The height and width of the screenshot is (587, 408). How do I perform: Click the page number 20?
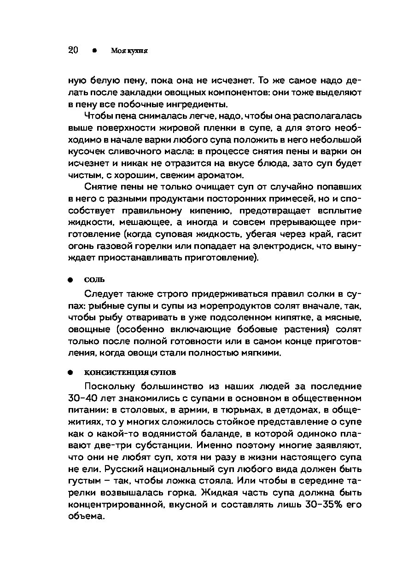tap(73, 51)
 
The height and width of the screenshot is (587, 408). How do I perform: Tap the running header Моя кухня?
tap(129, 51)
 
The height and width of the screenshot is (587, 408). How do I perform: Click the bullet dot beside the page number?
tap(94, 51)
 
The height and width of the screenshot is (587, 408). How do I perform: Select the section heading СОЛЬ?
tap(94, 279)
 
